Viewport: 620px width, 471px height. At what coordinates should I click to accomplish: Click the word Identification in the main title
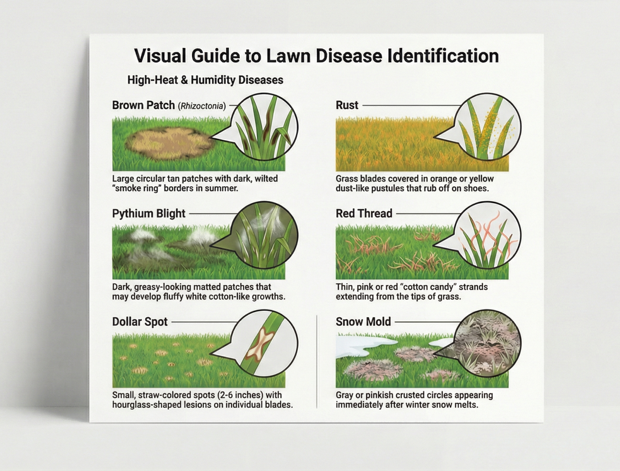[x=443, y=56]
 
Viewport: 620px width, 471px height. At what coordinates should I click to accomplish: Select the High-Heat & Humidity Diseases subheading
[x=205, y=80]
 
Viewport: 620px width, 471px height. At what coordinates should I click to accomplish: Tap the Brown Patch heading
[x=143, y=105]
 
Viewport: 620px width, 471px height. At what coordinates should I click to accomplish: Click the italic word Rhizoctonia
[x=202, y=106]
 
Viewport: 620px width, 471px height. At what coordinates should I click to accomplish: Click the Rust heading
[x=347, y=105]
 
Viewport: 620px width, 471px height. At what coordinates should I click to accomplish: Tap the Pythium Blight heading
[x=149, y=213]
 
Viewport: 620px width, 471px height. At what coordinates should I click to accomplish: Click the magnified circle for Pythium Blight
[x=264, y=235]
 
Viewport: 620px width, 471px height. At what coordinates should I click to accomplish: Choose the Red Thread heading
[x=364, y=213]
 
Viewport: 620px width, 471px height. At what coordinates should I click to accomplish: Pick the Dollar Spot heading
[x=140, y=321]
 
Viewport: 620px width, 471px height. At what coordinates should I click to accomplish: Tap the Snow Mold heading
[x=363, y=321]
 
